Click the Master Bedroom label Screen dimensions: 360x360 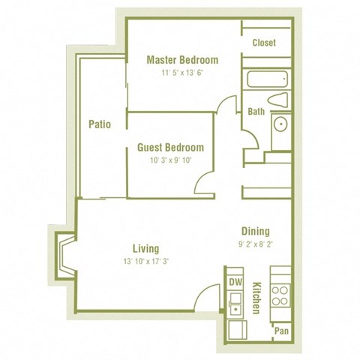click(x=182, y=60)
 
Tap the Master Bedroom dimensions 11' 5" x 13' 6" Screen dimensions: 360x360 click(x=182, y=73)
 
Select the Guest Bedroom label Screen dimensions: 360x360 click(x=170, y=148)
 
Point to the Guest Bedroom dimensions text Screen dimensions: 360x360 click(x=170, y=161)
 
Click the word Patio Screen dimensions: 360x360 click(x=100, y=124)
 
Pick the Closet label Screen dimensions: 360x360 click(x=264, y=43)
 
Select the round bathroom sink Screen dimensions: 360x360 click(x=280, y=124)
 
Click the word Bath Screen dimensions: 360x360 click(x=256, y=112)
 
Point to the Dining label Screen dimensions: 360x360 click(x=255, y=231)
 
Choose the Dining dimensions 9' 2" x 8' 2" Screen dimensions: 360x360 click(x=255, y=244)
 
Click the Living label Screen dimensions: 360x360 click(x=145, y=249)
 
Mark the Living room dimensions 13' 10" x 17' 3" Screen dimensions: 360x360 click(x=145, y=262)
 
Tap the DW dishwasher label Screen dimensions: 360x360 click(x=235, y=282)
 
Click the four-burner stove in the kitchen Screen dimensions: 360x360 click(x=280, y=295)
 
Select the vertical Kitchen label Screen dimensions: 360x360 click(x=256, y=298)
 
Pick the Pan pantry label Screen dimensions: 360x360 click(x=281, y=331)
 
